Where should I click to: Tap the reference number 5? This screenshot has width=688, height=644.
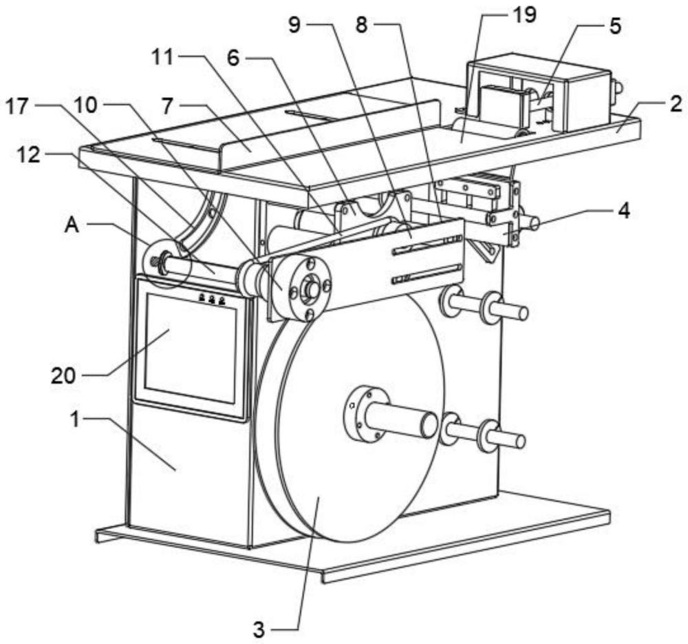pyautogui.click(x=616, y=26)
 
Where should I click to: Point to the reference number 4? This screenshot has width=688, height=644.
pyautogui.click(x=623, y=211)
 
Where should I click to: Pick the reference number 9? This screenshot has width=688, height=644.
pyautogui.click(x=294, y=25)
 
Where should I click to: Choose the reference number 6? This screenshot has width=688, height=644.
pyautogui.click(x=233, y=58)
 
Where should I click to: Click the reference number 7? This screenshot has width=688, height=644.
pyautogui.click(x=166, y=106)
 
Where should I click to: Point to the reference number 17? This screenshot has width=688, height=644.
pyautogui.click(x=17, y=106)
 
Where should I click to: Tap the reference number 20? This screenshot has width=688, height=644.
pyautogui.click(x=63, y=376)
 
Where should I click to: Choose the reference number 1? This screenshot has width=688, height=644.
pyautogui.click(x=76, y=419)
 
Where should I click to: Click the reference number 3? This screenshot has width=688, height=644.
pyautogui.click(x=259, y=631)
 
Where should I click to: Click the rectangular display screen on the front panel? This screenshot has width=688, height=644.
pyautogui.click(x=192, y=349)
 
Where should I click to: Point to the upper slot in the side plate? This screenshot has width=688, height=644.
pyautogui.click(x=427, y=245)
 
